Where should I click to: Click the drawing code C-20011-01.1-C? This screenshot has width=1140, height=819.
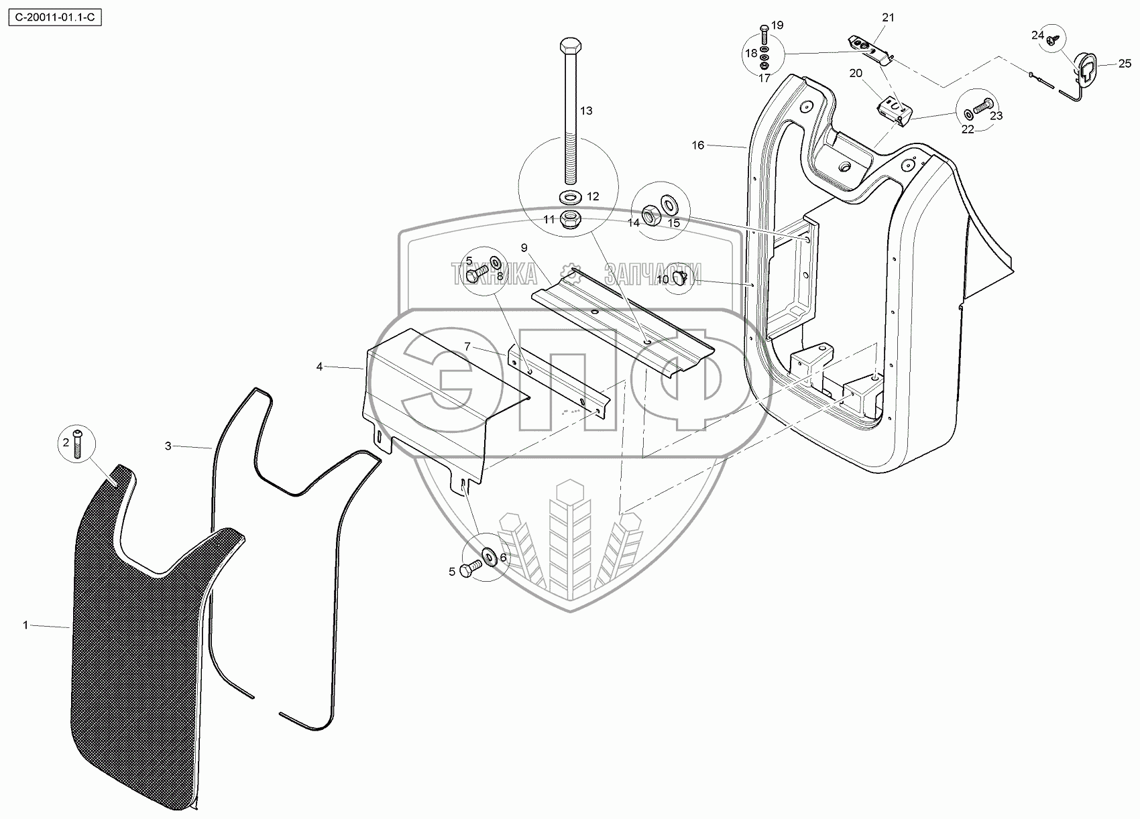pyautogui.click(x=54, y=17)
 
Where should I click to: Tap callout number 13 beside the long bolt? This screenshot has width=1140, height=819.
pyautogui.click(x=586, y=111)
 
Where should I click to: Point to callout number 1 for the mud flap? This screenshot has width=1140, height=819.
pyautogui.click(x=25, y=625)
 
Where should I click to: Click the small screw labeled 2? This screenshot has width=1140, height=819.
pyautogui.click(x=76, y=445)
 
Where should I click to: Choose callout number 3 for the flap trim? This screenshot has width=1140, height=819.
pyautogui.click(x=168, y=446)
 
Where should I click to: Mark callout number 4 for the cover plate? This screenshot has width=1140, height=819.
pyautogui.click(x=320, y=367)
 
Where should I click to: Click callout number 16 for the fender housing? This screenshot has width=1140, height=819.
pyautogui.click(x=698, y=145)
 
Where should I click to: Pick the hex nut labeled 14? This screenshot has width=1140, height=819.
pyautogui.click(x=650, y=216)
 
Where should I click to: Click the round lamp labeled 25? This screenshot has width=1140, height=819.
pyautogui.click(x=1085, y=65)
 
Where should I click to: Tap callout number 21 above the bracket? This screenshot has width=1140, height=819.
pyautogui.click(x=888, y=18)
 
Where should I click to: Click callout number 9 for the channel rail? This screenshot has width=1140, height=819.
pyautogui.click(x=524, y=247)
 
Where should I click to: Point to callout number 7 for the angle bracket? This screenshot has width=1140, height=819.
pyautogui.click(x=468, y=346)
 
